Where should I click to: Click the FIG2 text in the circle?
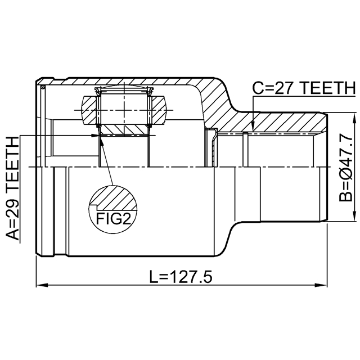tap(114, 219)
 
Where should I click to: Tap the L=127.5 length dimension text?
tap(181, 277)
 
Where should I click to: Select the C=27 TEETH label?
tap(304, 88)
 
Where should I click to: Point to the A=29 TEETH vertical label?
tap(12, 188)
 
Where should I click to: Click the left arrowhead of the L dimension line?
tap(42, 285)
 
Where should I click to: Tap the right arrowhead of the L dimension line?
tap(321, 285)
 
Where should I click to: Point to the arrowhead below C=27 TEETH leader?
tap(253, 127)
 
